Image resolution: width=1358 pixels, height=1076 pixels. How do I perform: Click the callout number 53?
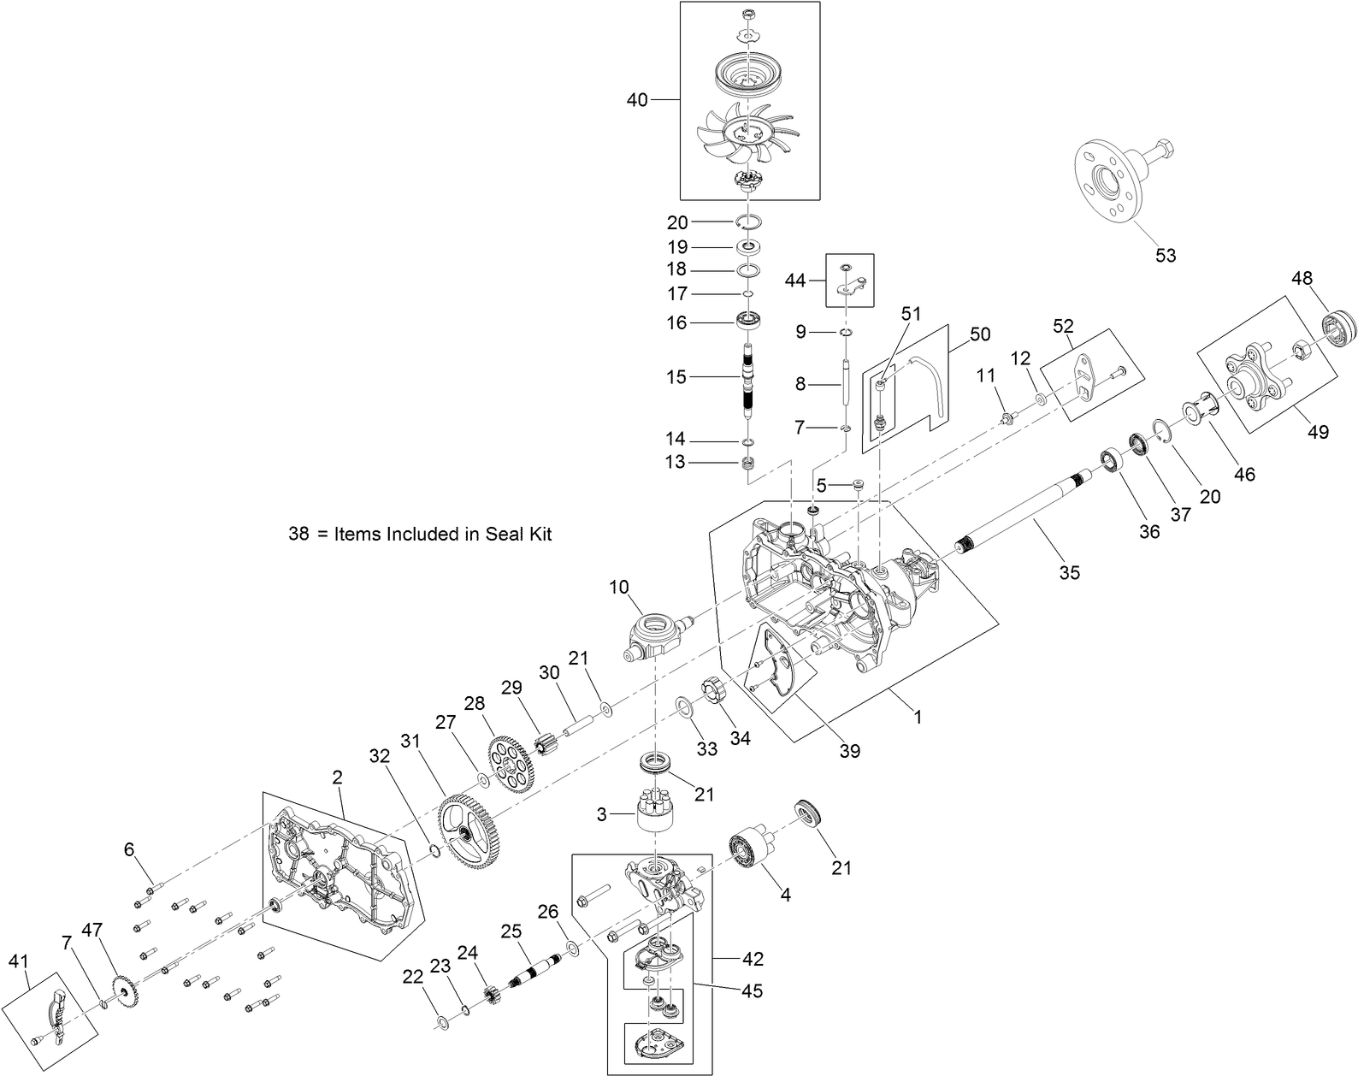coord(1166,255)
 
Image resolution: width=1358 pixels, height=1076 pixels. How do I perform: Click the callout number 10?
coord(619,587)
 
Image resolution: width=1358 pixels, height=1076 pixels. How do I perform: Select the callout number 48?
coord(1302,278)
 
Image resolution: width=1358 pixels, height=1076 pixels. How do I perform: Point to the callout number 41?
coord(18,961)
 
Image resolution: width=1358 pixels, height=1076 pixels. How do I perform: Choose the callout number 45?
coord(753,991)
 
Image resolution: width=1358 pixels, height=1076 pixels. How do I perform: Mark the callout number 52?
coord(1063,326)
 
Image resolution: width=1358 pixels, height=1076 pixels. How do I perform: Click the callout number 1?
coord(918,718)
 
